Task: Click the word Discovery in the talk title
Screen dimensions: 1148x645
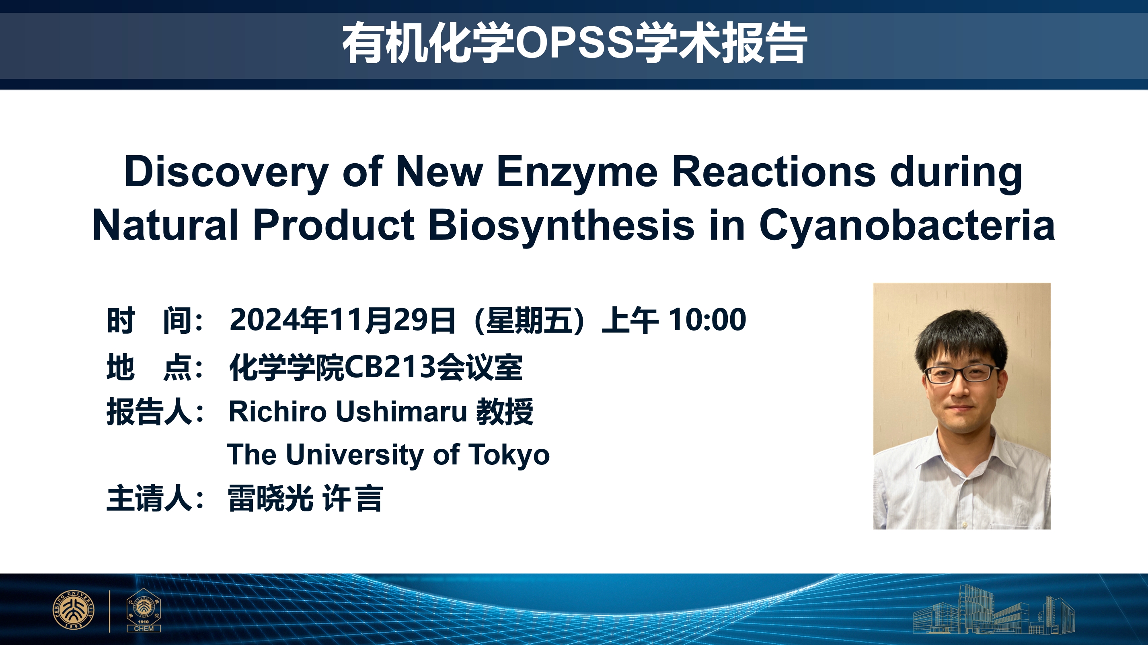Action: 226,173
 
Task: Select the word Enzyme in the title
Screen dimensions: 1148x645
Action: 577,173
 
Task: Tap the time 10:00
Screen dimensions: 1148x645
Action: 707,320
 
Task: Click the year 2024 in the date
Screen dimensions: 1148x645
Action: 264,320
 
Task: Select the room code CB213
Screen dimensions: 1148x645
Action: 390,367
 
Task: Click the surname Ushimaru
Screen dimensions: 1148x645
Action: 401,411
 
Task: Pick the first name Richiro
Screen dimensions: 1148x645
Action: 277,411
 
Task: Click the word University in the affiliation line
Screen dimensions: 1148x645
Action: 355,455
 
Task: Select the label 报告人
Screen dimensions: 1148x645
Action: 149,411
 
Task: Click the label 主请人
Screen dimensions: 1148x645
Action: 149,498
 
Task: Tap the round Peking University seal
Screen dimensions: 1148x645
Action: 74,610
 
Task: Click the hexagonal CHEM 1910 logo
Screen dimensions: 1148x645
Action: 144,609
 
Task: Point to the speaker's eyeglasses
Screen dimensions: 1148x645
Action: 962,373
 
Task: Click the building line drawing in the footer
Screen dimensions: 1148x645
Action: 994,609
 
